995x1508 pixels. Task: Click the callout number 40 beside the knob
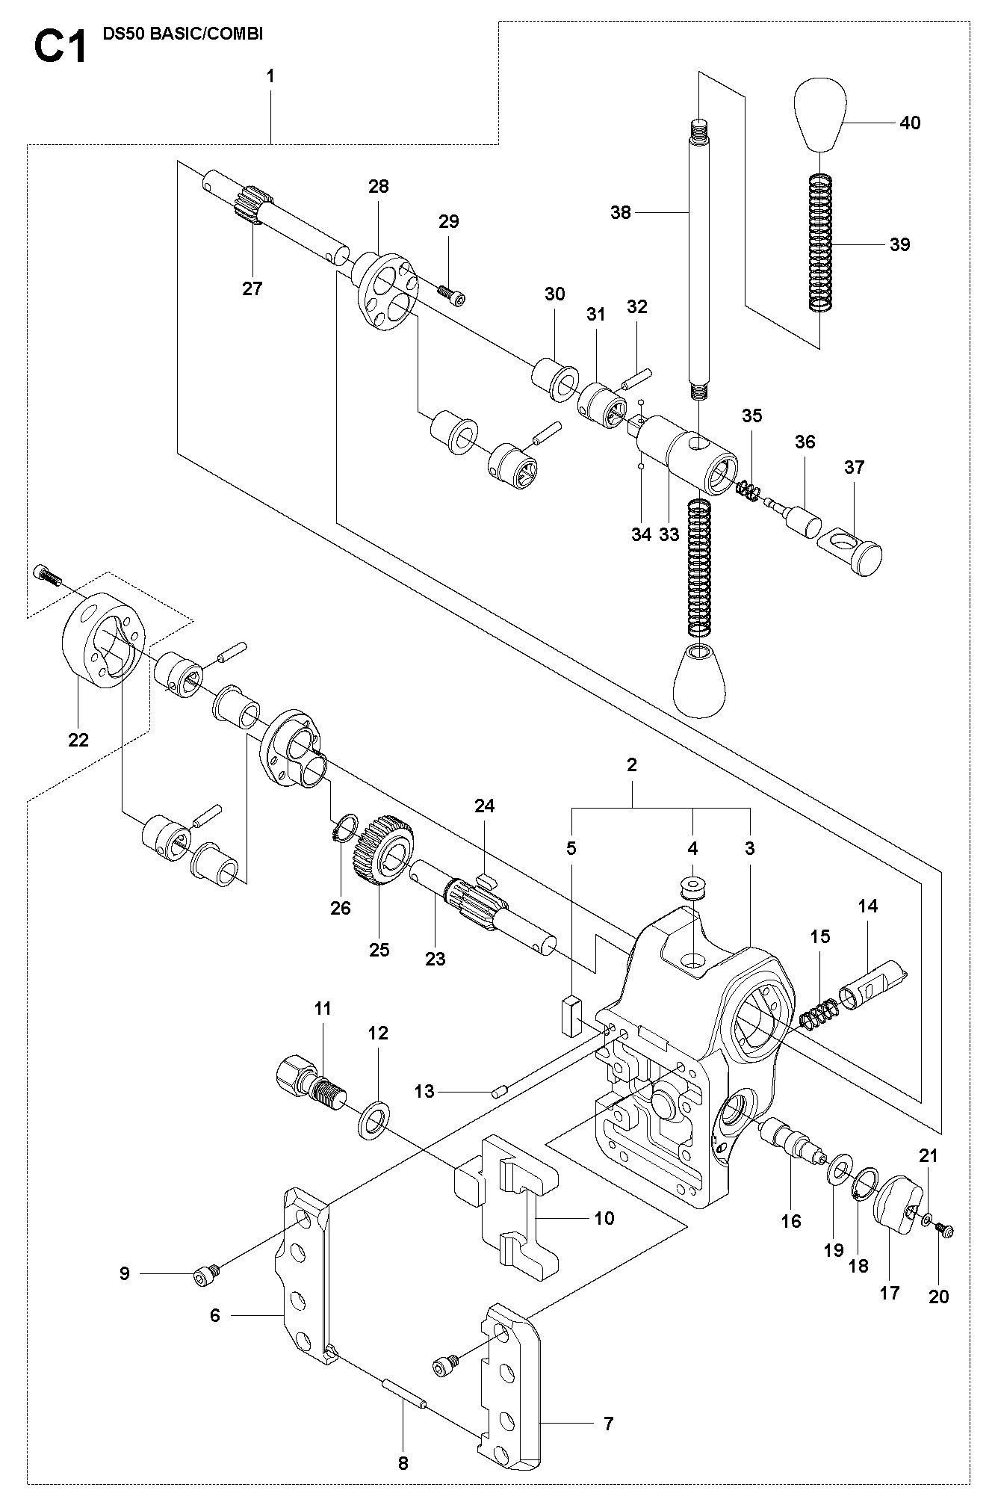point(910,123)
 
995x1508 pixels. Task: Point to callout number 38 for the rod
point(621,213)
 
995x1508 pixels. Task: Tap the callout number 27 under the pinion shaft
point(252,288)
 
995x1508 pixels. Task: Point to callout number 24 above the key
point(485,806)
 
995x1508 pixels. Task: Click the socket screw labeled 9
point(207,1279)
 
